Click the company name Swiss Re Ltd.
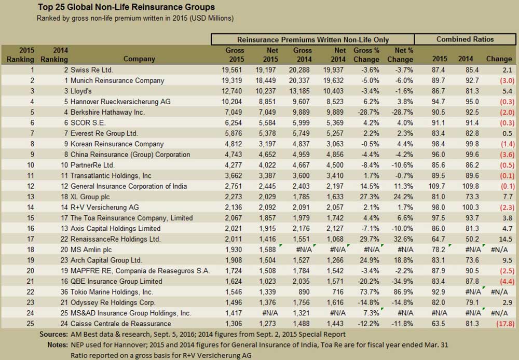coord(92,70)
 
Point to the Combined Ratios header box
coord(465,39)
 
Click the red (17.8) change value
coord(505,324)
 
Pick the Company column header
coord(139,59)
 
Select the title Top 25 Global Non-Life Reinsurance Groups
coord(126,7)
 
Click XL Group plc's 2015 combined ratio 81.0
coord(438,197)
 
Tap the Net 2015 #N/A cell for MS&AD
coord(270,313)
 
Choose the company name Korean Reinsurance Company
coord(117,144)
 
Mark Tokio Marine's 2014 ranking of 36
coord(64,292)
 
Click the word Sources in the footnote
coord(53,334)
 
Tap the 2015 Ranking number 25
coord(30,324)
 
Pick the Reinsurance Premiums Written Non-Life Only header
coord(313,40)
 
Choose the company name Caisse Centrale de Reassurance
coord(121,324)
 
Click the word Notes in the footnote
coord(57,345)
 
